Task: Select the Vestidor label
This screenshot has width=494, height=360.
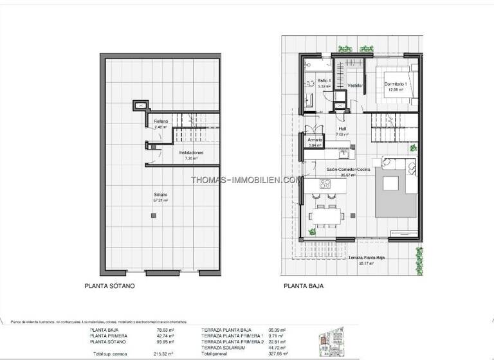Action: [356, 85]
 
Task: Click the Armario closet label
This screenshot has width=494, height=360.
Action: [315, 139]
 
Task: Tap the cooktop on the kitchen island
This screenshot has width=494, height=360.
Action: [325, 186]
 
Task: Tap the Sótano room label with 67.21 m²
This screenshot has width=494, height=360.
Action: [160, 195]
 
